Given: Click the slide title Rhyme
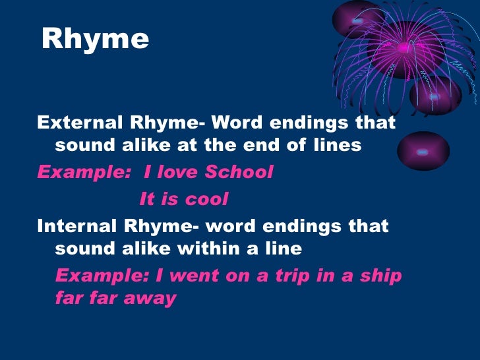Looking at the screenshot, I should point(95,40).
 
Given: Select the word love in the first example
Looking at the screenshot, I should point(177,172).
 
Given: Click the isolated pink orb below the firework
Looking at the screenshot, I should point(423,151).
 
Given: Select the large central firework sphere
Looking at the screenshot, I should point(403,49).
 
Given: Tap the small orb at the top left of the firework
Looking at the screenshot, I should point(358,20).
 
